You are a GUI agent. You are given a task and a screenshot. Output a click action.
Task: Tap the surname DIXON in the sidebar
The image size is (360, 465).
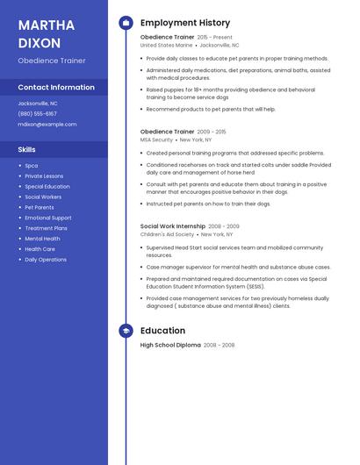point(39,42)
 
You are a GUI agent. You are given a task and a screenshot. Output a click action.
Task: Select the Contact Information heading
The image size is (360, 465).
point(56,87)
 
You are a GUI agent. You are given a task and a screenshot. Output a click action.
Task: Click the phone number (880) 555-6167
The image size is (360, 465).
point(37,113)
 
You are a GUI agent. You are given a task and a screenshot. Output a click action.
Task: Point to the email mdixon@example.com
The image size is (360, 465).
point(47,124)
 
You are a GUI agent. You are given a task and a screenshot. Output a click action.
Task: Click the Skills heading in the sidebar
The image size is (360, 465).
point(27,149)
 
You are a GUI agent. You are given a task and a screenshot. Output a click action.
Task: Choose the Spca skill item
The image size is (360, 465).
point(32,165)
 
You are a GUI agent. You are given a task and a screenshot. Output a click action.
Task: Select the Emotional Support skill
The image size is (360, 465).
point(48,218)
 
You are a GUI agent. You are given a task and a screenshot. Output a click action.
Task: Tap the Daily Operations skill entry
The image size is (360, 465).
point(46,260)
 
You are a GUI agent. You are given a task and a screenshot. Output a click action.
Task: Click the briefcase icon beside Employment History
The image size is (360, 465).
point(126,23)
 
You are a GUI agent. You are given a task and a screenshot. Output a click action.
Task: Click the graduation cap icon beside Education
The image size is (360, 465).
point(126,331)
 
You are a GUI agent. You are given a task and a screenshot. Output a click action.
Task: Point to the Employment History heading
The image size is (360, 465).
point(185,23)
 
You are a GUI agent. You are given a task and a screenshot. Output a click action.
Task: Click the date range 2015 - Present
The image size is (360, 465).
point(215,38)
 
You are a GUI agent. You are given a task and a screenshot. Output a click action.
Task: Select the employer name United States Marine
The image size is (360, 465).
point(166,45)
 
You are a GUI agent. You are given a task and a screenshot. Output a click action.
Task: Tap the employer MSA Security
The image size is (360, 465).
point(156,139)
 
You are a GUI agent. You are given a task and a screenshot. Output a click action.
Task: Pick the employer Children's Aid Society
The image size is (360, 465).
point(167,234)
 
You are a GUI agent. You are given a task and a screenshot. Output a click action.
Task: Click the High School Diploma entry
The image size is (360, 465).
point(170,346)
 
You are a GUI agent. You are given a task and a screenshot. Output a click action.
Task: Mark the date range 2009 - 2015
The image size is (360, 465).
point(212,132)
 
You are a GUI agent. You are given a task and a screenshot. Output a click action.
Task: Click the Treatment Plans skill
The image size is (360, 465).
point(46,228)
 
